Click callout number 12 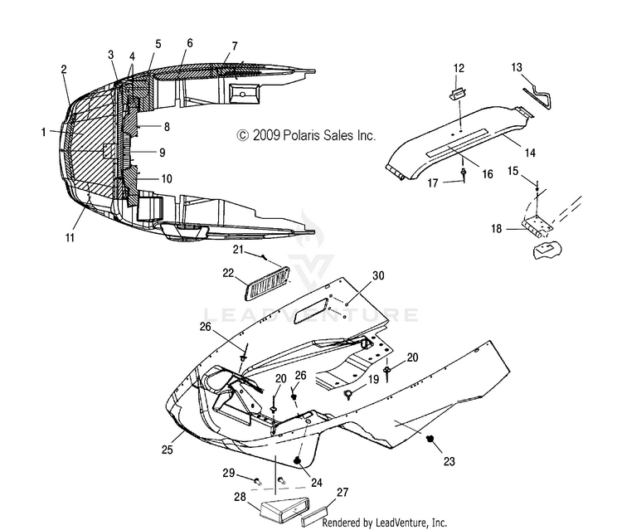click(x=459, y=68)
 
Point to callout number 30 click(x=378, y=275)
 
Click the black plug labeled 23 click(x=429, y=439)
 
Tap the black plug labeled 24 click(x=297, y=460)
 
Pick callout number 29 click(x=228, y=474)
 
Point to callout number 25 click(x=168, y=450)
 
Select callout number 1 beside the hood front click(x=44, y=132)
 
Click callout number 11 click(x=70, y=237)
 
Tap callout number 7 click(x=235, y=46)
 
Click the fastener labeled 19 click(x=347, y=394)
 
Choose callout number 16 click(x=487, y=174)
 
